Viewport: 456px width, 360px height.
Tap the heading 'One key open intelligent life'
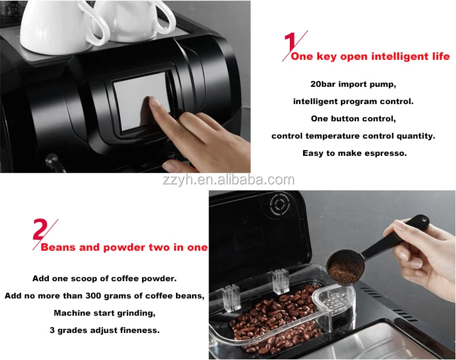coord(370,56)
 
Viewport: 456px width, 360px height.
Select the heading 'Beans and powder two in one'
coord(124,248)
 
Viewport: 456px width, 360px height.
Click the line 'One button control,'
coord(353,118)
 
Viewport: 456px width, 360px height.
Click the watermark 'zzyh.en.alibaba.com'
coord(227,180)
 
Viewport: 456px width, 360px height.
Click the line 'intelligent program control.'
coord(353,101)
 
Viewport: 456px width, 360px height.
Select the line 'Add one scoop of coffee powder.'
coord(104,278)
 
